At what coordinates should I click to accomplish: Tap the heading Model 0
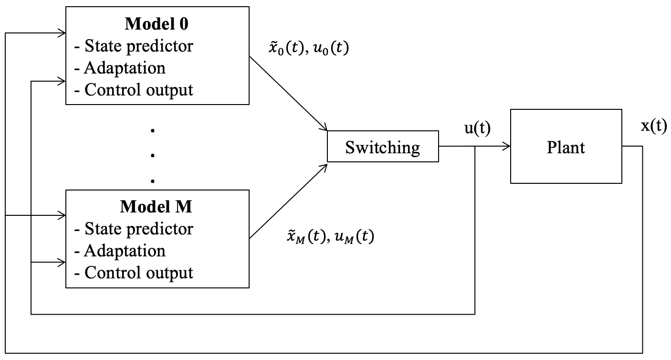click(x=157, y=24)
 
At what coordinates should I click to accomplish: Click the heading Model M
click(x=156, y=207)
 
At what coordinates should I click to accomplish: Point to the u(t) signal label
click(x=478, y=128)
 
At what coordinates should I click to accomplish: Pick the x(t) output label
click(x=654, y=126)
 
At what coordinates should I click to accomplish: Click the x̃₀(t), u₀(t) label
click(x=309, y=48)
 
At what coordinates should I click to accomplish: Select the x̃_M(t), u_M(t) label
click(x=331, y=236)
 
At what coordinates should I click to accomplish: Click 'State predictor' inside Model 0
click(x=139, y=46)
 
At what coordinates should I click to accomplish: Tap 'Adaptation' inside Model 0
click(x=125, y=68)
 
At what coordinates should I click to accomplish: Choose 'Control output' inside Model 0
click(x=139, y=90)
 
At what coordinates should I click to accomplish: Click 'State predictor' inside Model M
click(x=139, y=229)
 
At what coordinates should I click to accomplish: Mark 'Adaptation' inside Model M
click(x=125, y=251)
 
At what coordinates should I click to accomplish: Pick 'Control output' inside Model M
click(x=139, y=273)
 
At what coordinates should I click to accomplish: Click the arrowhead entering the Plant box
click(x=506, y=146)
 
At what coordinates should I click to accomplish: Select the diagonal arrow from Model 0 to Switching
click(x=288, y=94)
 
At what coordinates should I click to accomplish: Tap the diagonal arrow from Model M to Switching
click(x=288, y=201)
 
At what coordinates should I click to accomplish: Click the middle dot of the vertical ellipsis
click(x=153, y=155)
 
